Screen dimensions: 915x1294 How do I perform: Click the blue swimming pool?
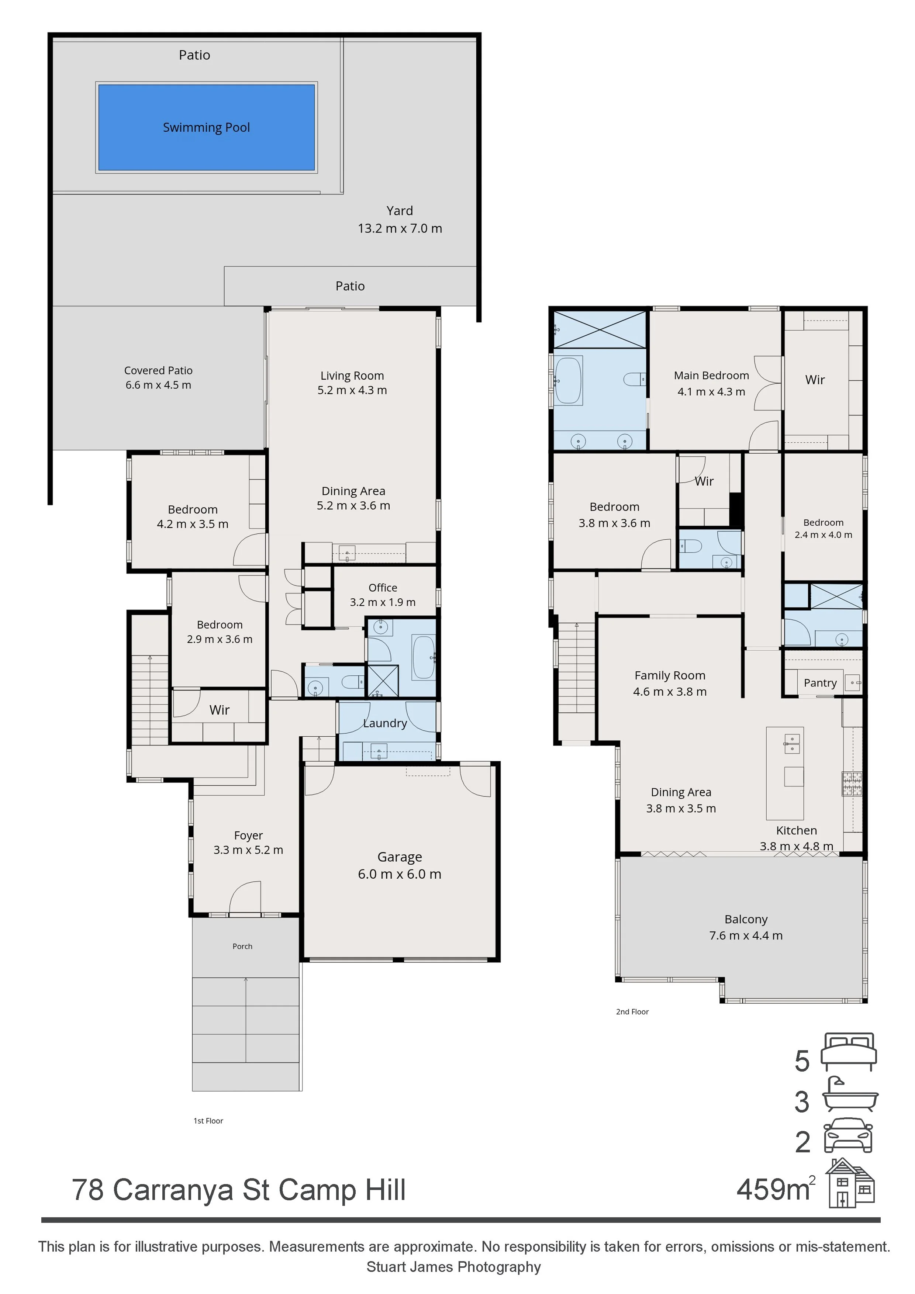[x=206, y=127]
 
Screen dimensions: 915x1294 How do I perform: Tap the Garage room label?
[x=400, y=857]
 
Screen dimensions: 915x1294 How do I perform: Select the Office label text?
[x=383, y=588]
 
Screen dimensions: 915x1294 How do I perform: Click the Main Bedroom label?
[x=711, y=376]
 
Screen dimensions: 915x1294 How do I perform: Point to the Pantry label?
[x=820, y=683]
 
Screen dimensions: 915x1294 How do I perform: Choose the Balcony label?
[x=746, y=919]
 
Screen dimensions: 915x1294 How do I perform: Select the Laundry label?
[x=385, y=723]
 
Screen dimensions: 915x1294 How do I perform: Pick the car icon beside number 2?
[x=849, y=1135]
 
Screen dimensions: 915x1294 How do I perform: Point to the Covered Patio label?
[x=158, y=371]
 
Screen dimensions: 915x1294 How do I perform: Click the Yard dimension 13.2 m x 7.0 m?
[x=400, y=228]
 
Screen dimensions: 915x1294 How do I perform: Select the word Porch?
[x=242, y=946]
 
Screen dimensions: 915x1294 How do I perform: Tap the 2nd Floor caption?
[x=632, y=1012]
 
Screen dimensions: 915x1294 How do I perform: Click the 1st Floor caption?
[x=208, y=1121]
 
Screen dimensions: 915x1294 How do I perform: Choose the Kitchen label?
[x=796, y=830]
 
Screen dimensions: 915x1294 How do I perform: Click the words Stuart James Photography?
[x=453, y=1267]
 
